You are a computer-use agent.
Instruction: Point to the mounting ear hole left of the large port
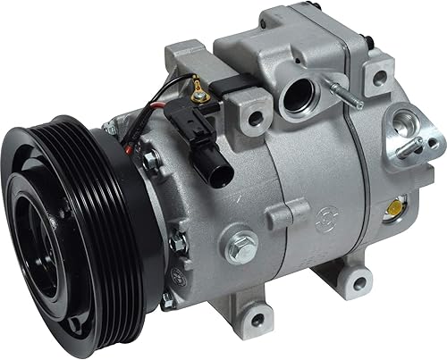(x=257, y=116)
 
